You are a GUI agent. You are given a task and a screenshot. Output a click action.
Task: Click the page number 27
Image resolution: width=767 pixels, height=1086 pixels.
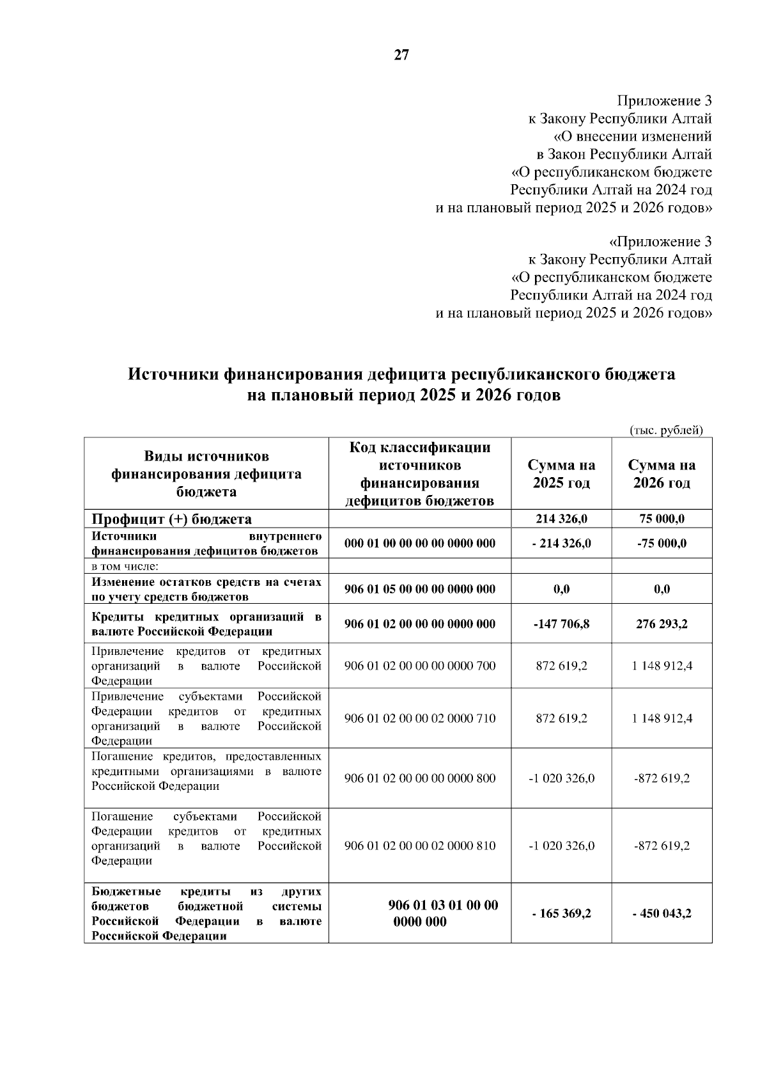[401, 56]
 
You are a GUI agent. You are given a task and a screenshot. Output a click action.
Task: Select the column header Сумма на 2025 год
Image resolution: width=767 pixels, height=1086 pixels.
[561, 474]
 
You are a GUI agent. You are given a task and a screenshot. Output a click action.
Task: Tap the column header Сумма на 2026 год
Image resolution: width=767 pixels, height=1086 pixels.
[662, 474]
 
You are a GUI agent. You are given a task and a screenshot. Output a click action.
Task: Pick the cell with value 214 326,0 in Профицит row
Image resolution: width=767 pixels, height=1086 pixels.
[561, 519]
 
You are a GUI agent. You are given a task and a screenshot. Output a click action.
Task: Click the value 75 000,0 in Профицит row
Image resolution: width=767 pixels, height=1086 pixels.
[662, 519]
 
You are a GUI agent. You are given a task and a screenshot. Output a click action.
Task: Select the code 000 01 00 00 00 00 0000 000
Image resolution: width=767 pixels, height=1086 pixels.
[420, 544]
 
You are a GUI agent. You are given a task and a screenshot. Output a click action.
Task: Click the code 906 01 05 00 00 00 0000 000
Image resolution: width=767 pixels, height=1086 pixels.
[420, 589]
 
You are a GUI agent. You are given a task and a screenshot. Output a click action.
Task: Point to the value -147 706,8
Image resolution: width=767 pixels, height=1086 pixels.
[561, 624]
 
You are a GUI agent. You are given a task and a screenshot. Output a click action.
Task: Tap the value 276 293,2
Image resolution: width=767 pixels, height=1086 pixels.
[662, 624]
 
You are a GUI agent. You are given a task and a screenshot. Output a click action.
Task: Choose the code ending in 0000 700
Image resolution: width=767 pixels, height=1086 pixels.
[420, 666]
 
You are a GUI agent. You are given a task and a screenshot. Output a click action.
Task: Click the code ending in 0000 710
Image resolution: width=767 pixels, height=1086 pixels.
[420, 718]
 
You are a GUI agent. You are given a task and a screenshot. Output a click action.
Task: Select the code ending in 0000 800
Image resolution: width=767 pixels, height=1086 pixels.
[420, 778]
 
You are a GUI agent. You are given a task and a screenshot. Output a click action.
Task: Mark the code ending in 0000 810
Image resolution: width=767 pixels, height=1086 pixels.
[420, 846]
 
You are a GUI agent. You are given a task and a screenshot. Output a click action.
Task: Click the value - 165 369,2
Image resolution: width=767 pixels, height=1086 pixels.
[561, 913]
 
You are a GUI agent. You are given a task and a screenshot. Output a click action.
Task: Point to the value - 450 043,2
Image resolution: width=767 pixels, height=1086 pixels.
[662, 913]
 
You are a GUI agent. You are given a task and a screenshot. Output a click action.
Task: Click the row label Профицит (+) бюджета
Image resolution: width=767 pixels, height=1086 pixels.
[172, 519]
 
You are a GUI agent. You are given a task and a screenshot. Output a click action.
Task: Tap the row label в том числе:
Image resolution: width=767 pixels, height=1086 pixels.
[125, 566]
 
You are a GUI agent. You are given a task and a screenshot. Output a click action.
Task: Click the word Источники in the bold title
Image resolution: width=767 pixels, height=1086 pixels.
[173, 374]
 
